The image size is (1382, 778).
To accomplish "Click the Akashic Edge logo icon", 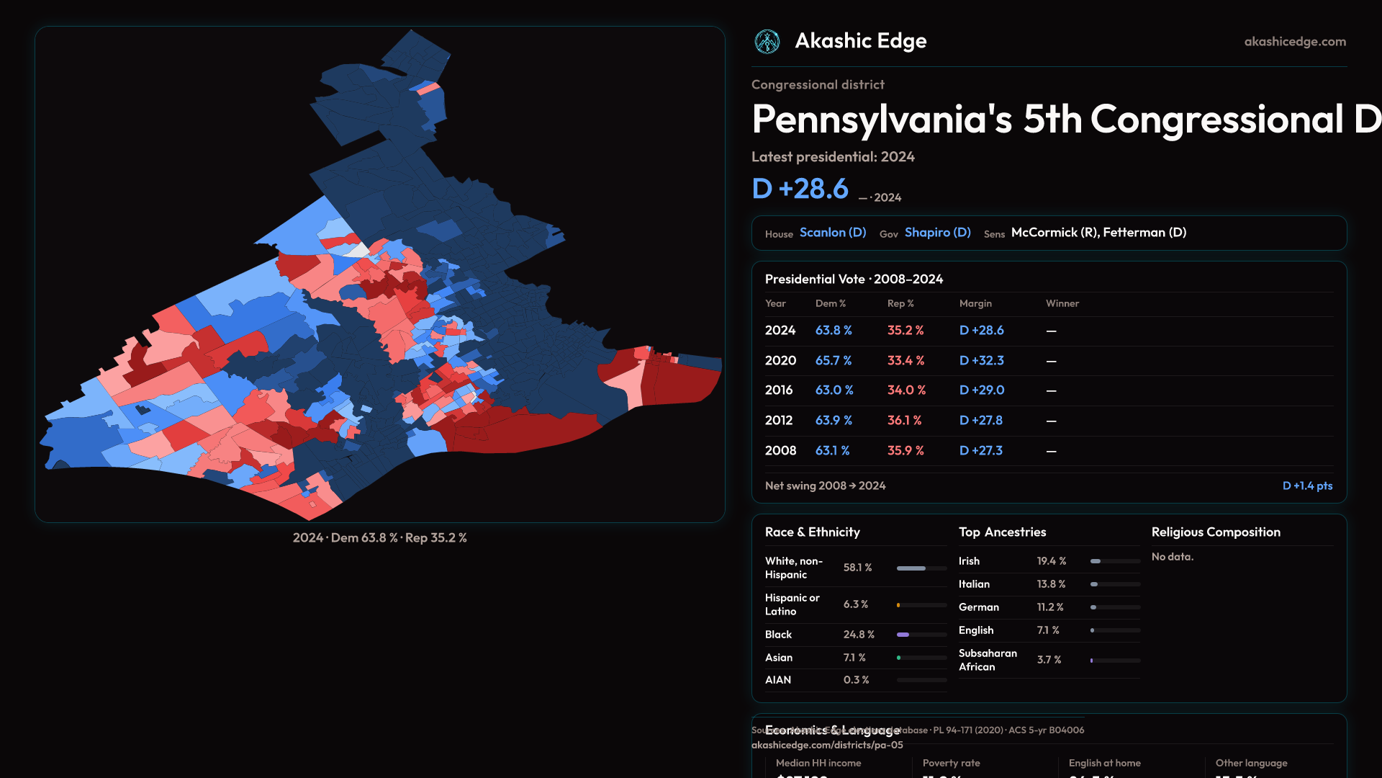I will point(767,42).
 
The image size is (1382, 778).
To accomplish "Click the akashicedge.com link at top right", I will point(1295,42).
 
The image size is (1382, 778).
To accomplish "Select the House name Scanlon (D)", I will point(833,233).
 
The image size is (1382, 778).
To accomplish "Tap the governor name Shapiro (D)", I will point(937,233).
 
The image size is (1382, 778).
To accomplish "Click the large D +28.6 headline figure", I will point(800,189).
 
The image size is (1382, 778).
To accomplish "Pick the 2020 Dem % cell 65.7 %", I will point(834,360).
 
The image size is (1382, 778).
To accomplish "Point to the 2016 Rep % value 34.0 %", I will point(906,390).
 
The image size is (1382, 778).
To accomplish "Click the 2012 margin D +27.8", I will point(980,420).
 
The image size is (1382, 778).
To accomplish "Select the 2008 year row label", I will point(780,450).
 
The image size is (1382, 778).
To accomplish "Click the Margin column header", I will point(975,303).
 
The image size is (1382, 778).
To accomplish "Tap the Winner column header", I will point(1062,303).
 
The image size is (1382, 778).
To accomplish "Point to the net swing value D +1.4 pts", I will point(1307,486).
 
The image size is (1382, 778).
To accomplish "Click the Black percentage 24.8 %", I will point(859,635).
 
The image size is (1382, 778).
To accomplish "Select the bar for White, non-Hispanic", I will point(921,568).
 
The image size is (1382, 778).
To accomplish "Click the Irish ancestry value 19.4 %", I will point(1051,561).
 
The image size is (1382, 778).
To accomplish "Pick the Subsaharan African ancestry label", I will point(988,660).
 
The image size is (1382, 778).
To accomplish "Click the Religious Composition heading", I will point(1216,532).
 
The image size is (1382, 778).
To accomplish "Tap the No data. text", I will point(1172,557).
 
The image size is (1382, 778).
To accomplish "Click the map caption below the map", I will point(379,538).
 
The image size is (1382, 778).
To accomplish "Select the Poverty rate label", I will point(951,763).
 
